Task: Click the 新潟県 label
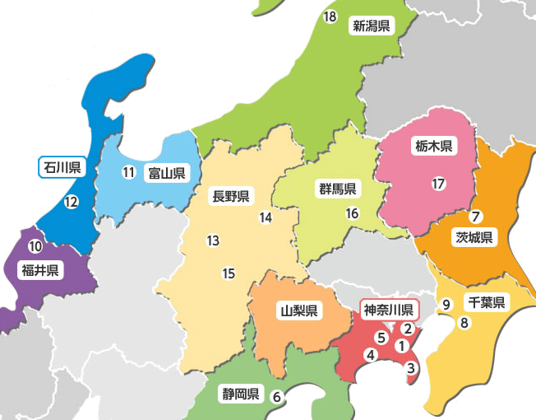pyautogui.click(x=371, y=26)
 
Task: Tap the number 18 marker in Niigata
pyautogui.click(x=330, y=17)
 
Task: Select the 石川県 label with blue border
pyautogui.click(x=62, y=168)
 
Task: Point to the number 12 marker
pyautogui.click(x=71, y=202)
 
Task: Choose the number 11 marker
pyautogui.click(x=128, y=173)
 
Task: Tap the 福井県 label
pyautogui.click(x=40, y=271)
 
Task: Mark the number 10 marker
pyautogui.click(x=35, y=246)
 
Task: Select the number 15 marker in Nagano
pyautogui.click(x=229, y=273)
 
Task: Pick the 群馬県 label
pyautogui.click(x=338, y=189)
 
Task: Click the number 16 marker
pyautogui.click(x=353, y=213)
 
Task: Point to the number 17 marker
pyautogui.click(x=438, y=184)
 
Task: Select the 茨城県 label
pyautogui.click(x=474, y=239)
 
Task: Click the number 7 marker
pyautogui.click(x=475, y=217)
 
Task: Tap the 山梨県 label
pyautogui.click(x=298, y=311)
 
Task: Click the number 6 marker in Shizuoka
pyautogui.click(x=277, y=396)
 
